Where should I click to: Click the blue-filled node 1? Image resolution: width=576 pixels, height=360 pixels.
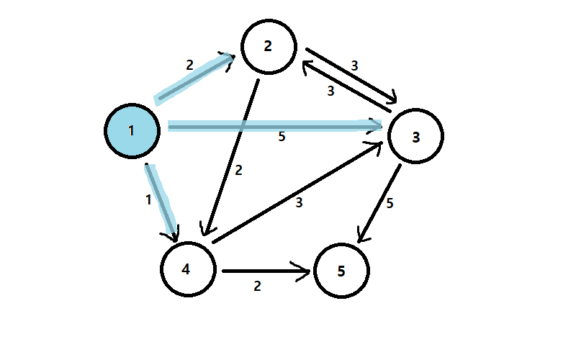131,130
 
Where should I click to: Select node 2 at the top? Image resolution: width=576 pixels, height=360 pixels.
269,46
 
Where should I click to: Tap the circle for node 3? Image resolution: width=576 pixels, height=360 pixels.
415,135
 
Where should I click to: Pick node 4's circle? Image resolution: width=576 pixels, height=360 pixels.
187,269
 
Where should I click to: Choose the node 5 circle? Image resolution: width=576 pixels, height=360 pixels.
341,271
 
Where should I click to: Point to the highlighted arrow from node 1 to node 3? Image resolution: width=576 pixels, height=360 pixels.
274,127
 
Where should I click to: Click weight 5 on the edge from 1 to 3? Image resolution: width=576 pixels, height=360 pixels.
282,137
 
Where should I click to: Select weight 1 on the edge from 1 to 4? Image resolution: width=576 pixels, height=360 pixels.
149,200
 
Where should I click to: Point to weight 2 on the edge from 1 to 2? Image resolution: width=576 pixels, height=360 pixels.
189,65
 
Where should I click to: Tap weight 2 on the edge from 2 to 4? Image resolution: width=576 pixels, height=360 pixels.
238,171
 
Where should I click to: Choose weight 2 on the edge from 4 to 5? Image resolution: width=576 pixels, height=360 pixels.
257,286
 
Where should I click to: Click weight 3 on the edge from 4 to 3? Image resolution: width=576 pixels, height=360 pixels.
299,204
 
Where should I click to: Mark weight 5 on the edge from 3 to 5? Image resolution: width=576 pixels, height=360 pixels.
390,204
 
